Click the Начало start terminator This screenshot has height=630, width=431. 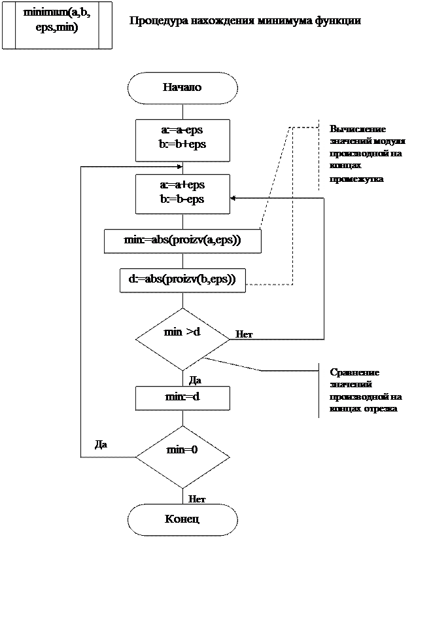(182, 88)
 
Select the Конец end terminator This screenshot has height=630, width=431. (182, 519)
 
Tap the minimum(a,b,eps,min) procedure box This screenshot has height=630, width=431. (57, 25)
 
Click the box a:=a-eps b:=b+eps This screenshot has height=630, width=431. (182, 139)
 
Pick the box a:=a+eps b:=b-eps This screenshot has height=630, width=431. (182, 193)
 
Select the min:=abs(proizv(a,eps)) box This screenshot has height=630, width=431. (182, 240)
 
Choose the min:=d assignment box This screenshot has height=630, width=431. (182, 397)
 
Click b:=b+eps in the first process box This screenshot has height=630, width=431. (182, 145)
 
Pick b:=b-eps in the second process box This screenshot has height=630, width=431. (182, 198)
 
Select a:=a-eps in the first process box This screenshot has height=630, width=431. (182, 131)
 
